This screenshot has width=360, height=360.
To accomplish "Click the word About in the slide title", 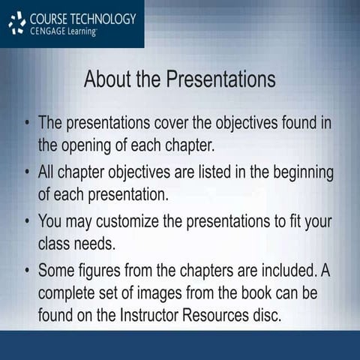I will (108, 79).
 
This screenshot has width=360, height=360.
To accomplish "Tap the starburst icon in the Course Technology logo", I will (16, 23).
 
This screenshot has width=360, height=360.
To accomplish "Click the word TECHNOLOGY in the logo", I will (100, 18).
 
